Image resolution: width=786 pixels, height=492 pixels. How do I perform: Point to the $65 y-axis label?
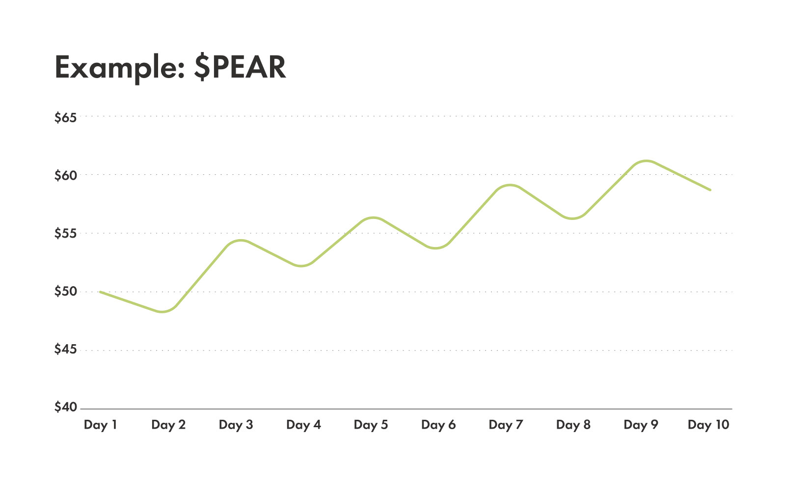66,118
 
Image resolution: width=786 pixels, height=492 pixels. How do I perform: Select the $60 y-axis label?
66,175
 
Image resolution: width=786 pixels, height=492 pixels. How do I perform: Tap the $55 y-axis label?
66,234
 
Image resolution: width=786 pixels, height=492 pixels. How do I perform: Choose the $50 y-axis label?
66,292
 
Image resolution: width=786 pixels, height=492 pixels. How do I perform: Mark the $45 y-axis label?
66,350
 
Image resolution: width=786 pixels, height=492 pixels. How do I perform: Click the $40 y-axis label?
66,408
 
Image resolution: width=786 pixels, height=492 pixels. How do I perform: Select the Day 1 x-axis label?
100,425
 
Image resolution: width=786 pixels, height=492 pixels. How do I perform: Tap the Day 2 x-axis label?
168,425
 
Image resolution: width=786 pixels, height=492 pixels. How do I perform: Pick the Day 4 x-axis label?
303,425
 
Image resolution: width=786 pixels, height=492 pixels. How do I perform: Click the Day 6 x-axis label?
438,425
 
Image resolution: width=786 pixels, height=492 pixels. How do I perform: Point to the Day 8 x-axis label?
573,425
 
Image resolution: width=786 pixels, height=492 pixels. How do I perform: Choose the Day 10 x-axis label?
708,425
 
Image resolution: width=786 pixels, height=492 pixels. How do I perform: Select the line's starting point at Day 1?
100,292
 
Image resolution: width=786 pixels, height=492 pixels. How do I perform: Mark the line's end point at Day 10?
710,190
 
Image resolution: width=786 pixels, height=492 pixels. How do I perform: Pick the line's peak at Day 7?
510,185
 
